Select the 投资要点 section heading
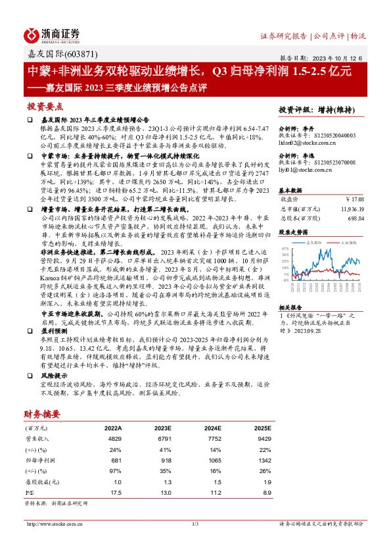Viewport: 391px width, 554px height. click(45, 106)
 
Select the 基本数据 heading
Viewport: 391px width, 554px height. click(290, 189)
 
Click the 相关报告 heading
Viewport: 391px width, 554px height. click(290, 307)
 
